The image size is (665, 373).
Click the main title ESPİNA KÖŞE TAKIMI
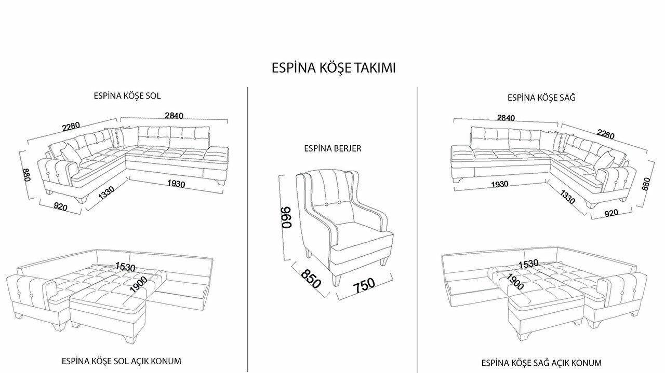334,68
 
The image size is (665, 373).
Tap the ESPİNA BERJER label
332,148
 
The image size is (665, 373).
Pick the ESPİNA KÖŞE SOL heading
127,96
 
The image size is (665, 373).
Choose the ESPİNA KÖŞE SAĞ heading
541,98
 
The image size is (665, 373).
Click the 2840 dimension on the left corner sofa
174,116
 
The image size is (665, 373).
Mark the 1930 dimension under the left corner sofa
176,184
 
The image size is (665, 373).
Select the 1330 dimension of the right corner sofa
567,197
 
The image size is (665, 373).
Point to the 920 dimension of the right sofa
611,212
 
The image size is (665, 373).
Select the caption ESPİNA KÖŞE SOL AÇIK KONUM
121,361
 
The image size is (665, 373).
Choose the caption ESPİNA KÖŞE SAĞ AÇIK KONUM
541,363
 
